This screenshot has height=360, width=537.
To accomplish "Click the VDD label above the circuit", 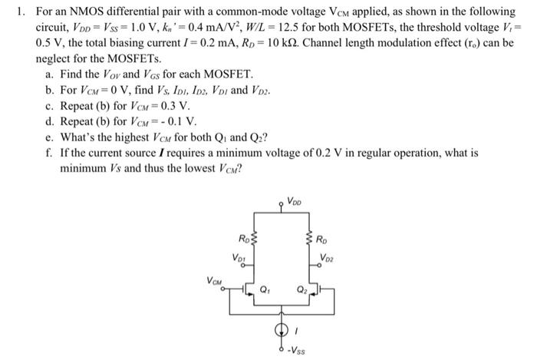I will pyautogui.click(x=295, y=203).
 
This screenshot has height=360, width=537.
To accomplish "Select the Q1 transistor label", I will pyautogui.click(x=266, y=290).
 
